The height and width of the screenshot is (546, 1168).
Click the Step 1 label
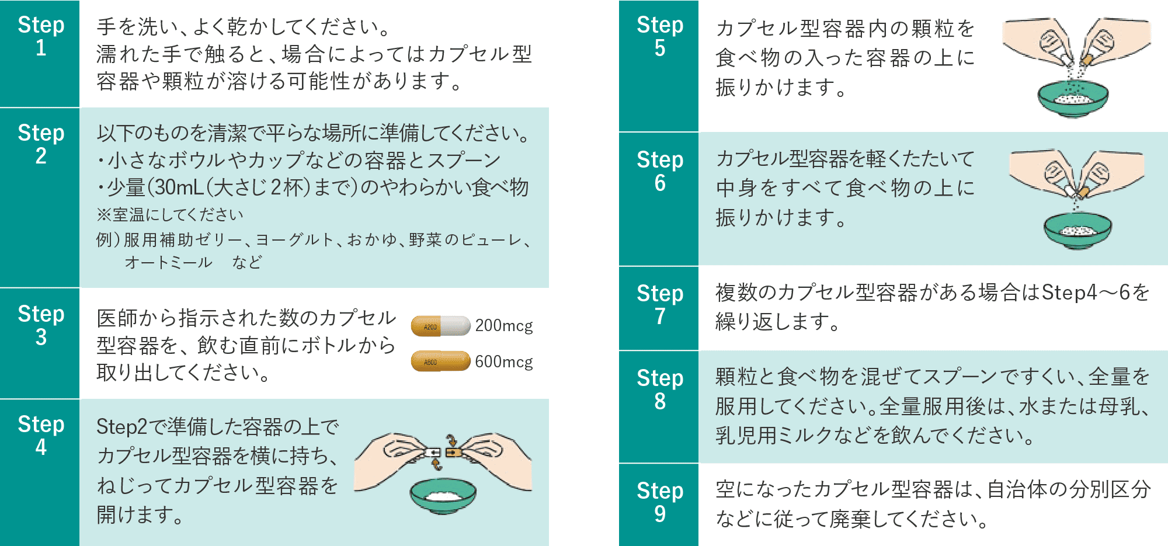[40, 36]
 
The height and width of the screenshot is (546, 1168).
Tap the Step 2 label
[40, 144]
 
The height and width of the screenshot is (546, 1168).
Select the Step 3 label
[40, 325]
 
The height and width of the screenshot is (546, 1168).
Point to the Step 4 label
[40, 435]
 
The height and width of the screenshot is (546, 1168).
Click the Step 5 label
[659, 36]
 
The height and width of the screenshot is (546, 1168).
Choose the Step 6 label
[659, 171]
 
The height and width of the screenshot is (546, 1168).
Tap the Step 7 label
[659, 304]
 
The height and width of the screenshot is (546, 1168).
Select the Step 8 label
[659, 389]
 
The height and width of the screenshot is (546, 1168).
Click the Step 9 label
[659, 502]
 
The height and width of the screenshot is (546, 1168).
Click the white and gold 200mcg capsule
[440, 326]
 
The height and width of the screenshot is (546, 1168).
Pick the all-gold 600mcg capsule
[440, 361]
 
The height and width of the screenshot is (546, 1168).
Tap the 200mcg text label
[503, 326]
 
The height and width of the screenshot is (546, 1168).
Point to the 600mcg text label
[503, 362]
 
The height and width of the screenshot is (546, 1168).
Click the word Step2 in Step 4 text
[121, 427]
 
